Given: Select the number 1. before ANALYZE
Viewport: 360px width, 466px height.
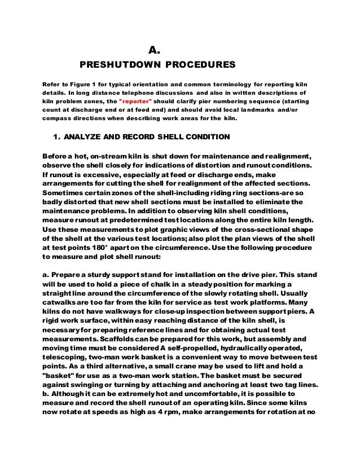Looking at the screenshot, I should pos(55,137).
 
